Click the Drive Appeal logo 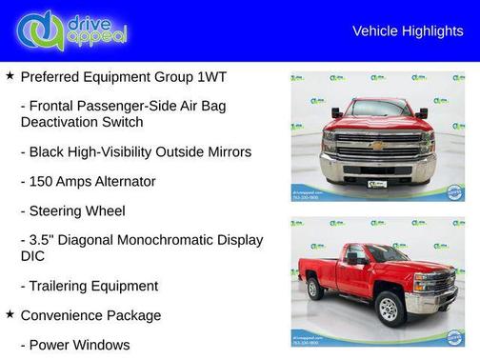(71, 30)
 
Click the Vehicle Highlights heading (408, 31)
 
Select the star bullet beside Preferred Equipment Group (10, 75)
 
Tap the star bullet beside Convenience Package (10, 314)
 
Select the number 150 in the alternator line (41, 181)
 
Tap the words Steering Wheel (77, 210)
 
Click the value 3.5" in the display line (43, 240)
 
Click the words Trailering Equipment (89, 286)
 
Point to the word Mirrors (225, 151)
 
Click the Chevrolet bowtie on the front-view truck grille (378, 146)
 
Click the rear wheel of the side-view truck (315, 289)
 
